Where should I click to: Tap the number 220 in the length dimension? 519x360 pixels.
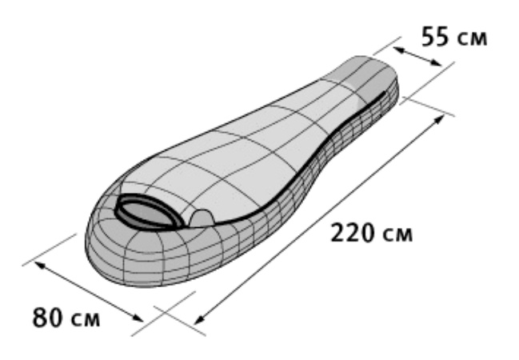point(353,233)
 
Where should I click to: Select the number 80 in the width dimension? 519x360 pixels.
point(47,317)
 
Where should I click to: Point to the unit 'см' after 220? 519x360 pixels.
point(397,235)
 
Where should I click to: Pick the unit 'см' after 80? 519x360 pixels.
point(85,319)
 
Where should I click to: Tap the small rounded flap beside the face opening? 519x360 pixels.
point(202,218)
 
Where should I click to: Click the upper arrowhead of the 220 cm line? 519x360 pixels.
point(439,119)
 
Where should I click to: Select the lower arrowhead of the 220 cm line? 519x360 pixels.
point(199,319)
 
